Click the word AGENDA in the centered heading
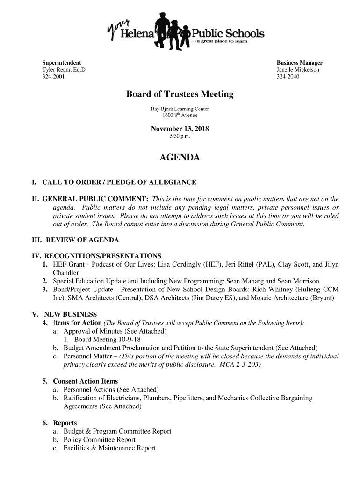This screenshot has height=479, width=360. tap(180, 158)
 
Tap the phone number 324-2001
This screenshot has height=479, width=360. tap(54, 77)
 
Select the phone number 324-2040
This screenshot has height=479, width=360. tap(288, 77)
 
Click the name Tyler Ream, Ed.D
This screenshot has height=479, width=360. tap(64, 70)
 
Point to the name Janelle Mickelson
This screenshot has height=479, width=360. tap(298, 70)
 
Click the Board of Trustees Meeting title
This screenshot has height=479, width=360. tap(180, 94)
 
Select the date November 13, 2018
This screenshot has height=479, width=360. tap(180, 129)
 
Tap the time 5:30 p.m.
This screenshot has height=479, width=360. tap(180, 136)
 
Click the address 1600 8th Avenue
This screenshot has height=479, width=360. tap(180, 115)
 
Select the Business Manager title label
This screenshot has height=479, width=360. tap(299, 63)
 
